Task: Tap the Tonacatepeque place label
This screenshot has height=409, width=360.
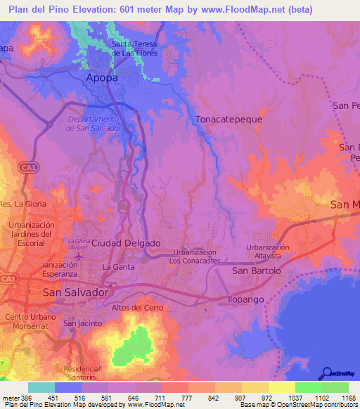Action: [229, 119]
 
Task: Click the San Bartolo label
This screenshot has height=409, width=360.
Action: [257, 271]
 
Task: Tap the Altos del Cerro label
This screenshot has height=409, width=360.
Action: [137, 308]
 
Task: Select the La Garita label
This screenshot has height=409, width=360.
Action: [117, 267]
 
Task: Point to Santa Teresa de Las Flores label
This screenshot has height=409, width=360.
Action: [139, 48]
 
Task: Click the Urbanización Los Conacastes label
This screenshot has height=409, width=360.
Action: [195, 256]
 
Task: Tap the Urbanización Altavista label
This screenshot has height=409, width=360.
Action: [268, 252]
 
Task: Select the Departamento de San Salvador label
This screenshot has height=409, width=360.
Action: [95, 124]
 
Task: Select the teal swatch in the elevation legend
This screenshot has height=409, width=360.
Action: [41, 387]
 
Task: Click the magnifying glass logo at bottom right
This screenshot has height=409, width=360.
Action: [326, 372]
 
